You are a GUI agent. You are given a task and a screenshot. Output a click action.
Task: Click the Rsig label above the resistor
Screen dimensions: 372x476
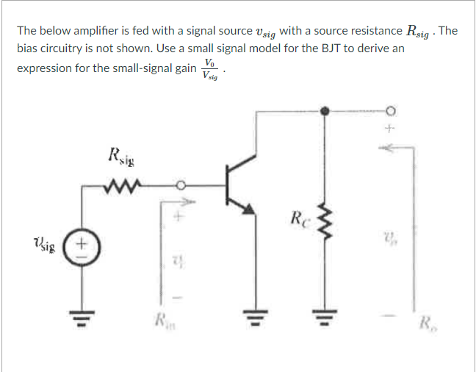(122, 156)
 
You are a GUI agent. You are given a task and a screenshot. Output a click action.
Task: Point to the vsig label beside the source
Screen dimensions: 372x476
(46, 243)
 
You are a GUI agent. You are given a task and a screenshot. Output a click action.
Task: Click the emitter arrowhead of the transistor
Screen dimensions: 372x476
(250, 210)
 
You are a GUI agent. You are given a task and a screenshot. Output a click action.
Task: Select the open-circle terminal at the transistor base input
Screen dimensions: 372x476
(178, 185)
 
